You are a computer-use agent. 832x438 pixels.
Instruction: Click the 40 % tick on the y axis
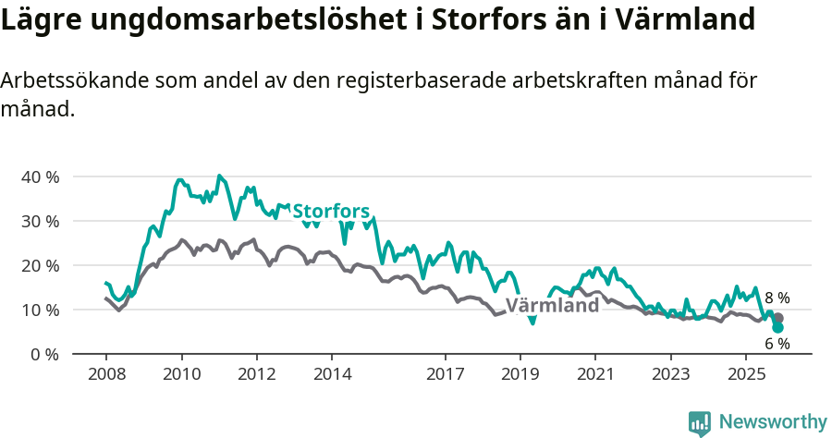click(40, 176)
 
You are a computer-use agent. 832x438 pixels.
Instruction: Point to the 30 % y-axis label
click(40, 221)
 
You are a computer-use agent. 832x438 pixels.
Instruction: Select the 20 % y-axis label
click(40, 265)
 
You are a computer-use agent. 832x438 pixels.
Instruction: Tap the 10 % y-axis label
click(40, 310)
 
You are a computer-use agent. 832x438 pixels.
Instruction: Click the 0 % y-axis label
click(44, 354)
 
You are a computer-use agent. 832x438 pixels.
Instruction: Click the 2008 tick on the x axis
click(105, 374)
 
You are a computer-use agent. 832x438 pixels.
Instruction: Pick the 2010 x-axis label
click(181, 374)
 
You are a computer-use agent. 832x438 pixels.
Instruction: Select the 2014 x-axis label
click(332, 374)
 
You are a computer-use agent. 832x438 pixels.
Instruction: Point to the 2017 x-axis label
click(445, 374)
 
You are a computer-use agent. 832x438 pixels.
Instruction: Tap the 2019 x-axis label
click(520, 374)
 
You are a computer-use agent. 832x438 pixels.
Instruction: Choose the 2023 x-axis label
click(671, 374)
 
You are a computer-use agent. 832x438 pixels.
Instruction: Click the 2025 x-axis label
click(746, 374)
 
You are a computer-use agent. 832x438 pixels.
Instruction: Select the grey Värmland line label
click(552, 306)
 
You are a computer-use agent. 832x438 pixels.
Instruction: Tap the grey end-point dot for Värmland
click(777, 318)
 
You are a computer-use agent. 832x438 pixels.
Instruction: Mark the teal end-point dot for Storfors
click(777, 327)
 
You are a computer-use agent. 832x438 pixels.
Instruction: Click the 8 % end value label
click(777, 298)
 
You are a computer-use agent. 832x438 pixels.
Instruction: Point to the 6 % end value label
click(777, 344)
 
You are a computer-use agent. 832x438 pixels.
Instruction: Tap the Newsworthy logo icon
click(699, 423)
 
